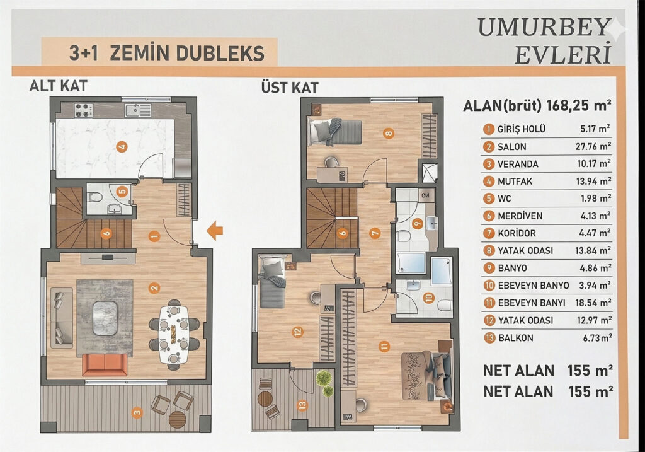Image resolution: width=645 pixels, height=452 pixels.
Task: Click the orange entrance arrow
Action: coord(215,231)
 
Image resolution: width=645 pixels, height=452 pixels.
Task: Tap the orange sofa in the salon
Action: coord(105,364)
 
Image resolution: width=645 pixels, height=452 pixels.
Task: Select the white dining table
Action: coord(174,333)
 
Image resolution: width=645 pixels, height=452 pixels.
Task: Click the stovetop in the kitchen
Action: coord(83,110)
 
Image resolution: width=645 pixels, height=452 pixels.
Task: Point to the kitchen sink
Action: coord(138,110)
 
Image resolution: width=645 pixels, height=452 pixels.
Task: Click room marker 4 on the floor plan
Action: coord(122,146)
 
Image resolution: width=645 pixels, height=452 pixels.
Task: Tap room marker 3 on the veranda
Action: coord(137,412)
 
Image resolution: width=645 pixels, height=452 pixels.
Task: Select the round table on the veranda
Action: coord(178,419)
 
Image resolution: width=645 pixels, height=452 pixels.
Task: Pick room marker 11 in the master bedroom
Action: coord(384,347)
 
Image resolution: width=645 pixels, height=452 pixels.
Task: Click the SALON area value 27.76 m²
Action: coord(593,146)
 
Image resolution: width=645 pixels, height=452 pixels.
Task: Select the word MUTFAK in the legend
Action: coord(515,181)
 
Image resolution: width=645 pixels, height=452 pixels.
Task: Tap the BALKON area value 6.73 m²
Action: coord(597,338)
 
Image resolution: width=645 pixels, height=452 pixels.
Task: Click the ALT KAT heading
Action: coord(59,86)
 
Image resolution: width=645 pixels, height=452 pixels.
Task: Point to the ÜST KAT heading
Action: coord(290,87)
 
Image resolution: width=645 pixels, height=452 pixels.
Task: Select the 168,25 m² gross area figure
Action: coord(579,105)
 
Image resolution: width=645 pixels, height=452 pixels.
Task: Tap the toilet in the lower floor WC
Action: coord(95,196)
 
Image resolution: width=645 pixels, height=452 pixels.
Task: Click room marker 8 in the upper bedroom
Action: coord(388,133)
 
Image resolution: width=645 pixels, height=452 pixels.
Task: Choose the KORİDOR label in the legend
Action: coord(517,233)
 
